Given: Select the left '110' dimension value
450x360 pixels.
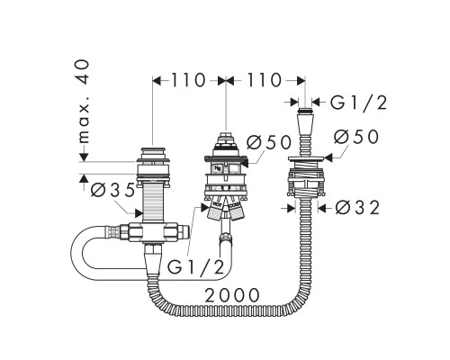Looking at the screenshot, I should click(187, 80).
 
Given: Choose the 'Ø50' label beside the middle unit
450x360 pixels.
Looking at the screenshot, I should click(265, 142).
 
